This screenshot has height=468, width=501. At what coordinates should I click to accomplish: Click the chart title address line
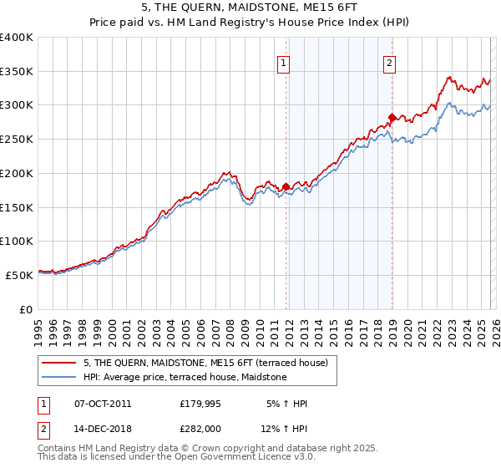pyautogui.click(x=250, y=8)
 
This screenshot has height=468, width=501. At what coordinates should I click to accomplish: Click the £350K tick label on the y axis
pyautogui.click(x=17, y=72)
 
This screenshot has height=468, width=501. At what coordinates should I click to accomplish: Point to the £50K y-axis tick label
pyautogui.click(x=19, y=274)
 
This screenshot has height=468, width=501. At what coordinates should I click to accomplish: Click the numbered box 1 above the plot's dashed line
pyautogui.click(x=284, y=62)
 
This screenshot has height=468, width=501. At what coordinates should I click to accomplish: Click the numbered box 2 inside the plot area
pyautogui.click(x=390, y=62)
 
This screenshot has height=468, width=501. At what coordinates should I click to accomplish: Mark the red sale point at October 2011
pyautogui.click(x=286, y=186)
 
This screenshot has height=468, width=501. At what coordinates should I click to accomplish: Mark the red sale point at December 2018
pyautogui.click(x=392, y=117)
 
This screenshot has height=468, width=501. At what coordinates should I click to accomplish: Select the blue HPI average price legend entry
pyautogui.click(x=185, y=378)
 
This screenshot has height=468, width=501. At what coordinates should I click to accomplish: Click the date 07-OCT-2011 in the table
pyautogui.click(x=103, y=404)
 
